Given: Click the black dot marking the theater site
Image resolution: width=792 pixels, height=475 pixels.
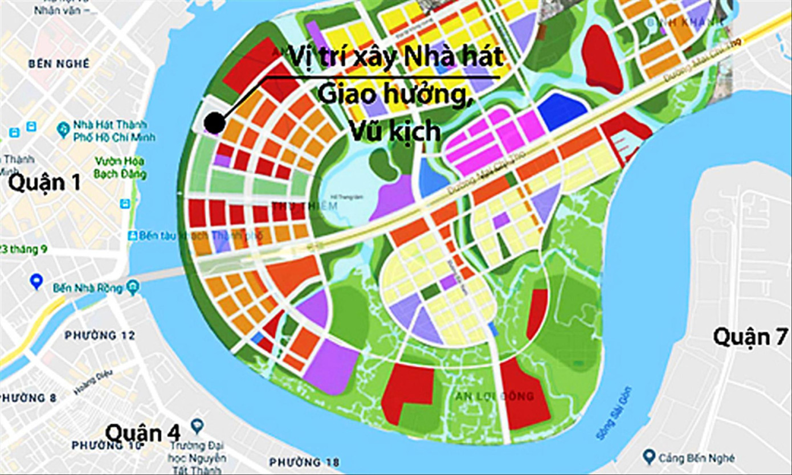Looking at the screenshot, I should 214,122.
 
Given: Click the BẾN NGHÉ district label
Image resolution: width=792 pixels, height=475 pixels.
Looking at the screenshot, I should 59,64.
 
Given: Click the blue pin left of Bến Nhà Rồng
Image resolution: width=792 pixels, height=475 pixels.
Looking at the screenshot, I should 36,280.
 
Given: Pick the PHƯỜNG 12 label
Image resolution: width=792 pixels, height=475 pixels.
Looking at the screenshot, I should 100,335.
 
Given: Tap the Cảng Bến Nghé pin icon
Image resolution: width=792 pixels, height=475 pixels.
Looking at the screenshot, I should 648,456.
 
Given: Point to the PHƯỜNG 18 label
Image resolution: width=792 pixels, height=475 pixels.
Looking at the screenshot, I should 304,461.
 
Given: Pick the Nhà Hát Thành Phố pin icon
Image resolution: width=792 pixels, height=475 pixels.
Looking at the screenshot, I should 63,130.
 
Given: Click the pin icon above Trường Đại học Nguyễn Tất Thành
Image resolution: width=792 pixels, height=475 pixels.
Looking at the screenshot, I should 197,425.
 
